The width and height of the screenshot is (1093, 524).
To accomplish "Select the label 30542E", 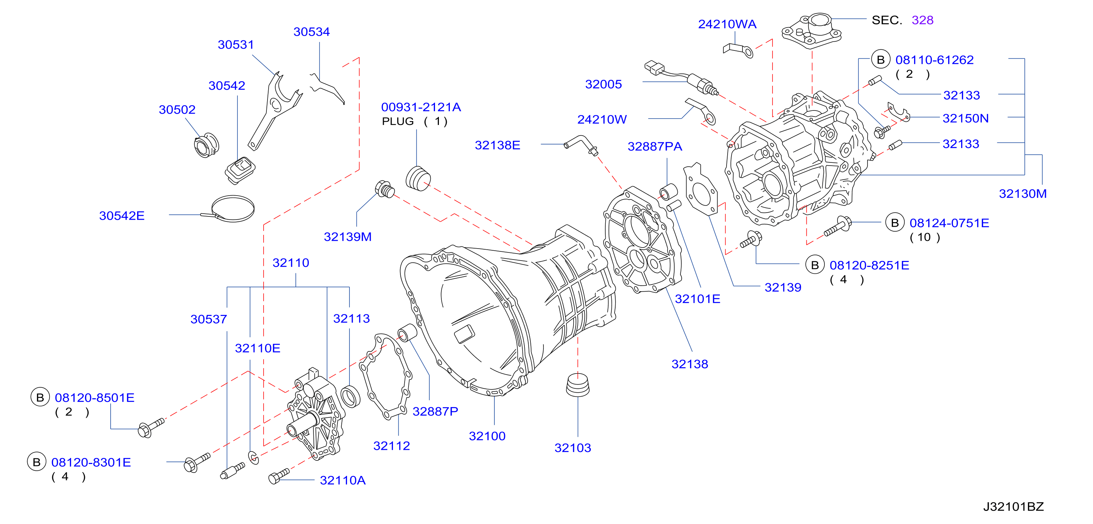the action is coord(122,216).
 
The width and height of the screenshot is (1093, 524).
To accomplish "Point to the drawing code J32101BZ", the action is coord(1013,507).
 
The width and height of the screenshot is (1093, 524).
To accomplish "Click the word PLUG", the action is coord(398,122).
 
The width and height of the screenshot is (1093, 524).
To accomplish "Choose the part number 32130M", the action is coord(1023,194).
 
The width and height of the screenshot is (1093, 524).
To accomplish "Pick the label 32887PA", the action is coord(655,147).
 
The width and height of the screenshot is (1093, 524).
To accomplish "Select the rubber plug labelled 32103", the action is coord(578,385).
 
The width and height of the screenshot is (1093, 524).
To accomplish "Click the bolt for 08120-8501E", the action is coord(151,428).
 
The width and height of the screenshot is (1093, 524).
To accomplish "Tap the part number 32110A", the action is coord(342,480).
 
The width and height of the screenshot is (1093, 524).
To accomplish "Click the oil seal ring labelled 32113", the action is coord(351,397).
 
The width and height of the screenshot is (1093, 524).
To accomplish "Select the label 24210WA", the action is coord(727,24).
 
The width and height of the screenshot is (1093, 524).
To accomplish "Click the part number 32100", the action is coord(487,436).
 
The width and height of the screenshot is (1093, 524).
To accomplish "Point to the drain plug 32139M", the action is coord(385,189).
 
